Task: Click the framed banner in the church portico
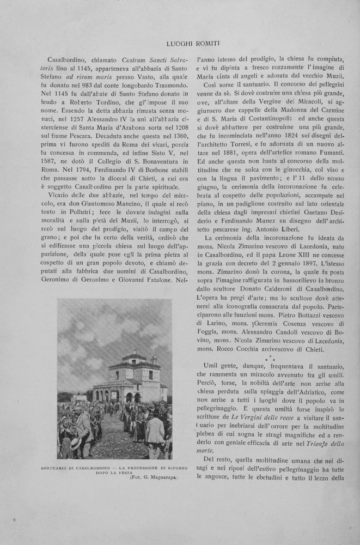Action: click(x=115, y=395)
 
